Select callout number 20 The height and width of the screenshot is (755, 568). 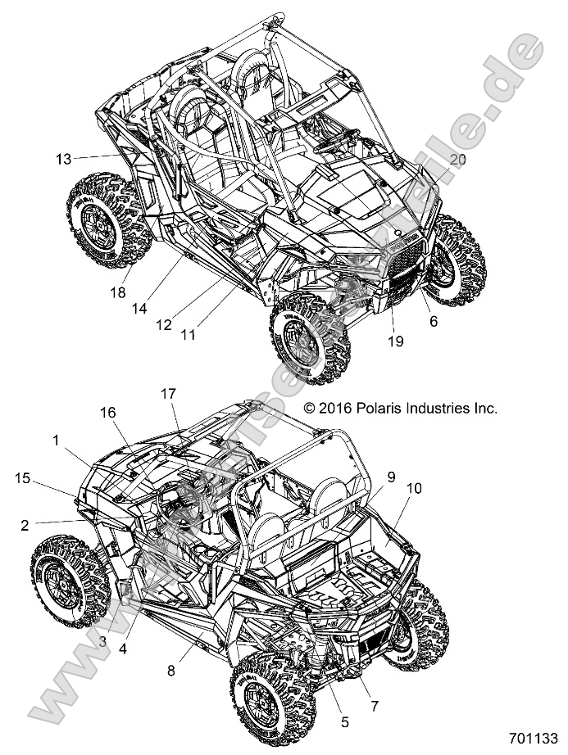click(457, 160)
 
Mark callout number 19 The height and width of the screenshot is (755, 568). click(396, 341)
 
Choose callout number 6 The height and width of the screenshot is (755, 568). click(433, 322)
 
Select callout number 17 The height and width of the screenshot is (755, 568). click(168, 393)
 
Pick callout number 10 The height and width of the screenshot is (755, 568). click(413, 488)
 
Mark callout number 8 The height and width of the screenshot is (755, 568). click(171, 670)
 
